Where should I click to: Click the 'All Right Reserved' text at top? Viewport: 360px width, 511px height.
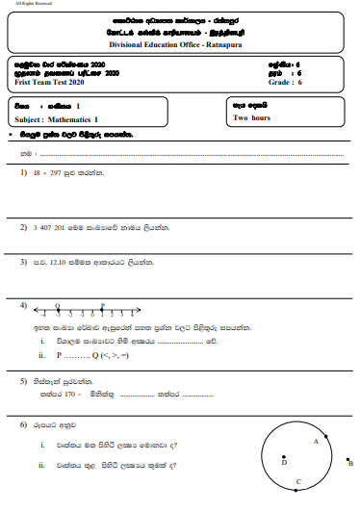(x=30, y=5)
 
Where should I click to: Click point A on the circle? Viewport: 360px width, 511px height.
(x=315, y=441)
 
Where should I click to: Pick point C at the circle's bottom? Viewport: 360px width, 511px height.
(x=298, y=481)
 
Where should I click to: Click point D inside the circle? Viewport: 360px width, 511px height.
(x=283, y=462)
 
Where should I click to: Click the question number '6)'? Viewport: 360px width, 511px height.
(x=24, y=424)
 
